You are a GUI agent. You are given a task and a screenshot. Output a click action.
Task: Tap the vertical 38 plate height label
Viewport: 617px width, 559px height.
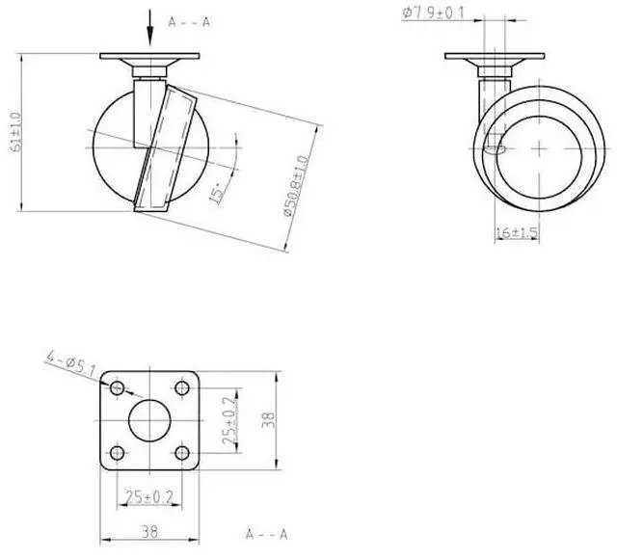(x=270, y=420)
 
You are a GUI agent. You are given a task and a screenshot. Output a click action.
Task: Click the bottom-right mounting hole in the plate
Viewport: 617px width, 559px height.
(x=181, y=451)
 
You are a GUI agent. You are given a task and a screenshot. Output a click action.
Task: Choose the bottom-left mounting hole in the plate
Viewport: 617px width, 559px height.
(x=118, y=451)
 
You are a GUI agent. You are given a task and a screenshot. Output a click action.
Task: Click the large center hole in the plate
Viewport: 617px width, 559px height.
(x=149, y=419)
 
